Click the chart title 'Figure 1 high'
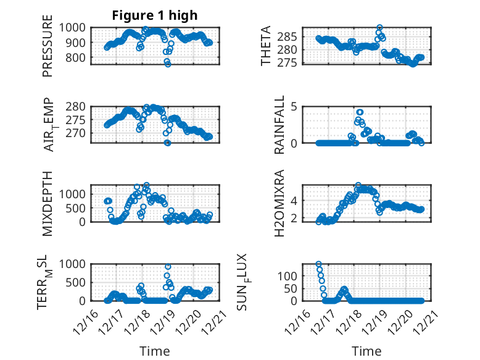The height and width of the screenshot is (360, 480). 154,15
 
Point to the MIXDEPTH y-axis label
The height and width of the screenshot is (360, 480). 48,203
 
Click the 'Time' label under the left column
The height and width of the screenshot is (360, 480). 154,351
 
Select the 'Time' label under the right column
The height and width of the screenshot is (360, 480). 366,351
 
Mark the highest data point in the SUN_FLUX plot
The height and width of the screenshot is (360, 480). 318,264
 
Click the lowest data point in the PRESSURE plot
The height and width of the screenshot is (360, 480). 168,64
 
